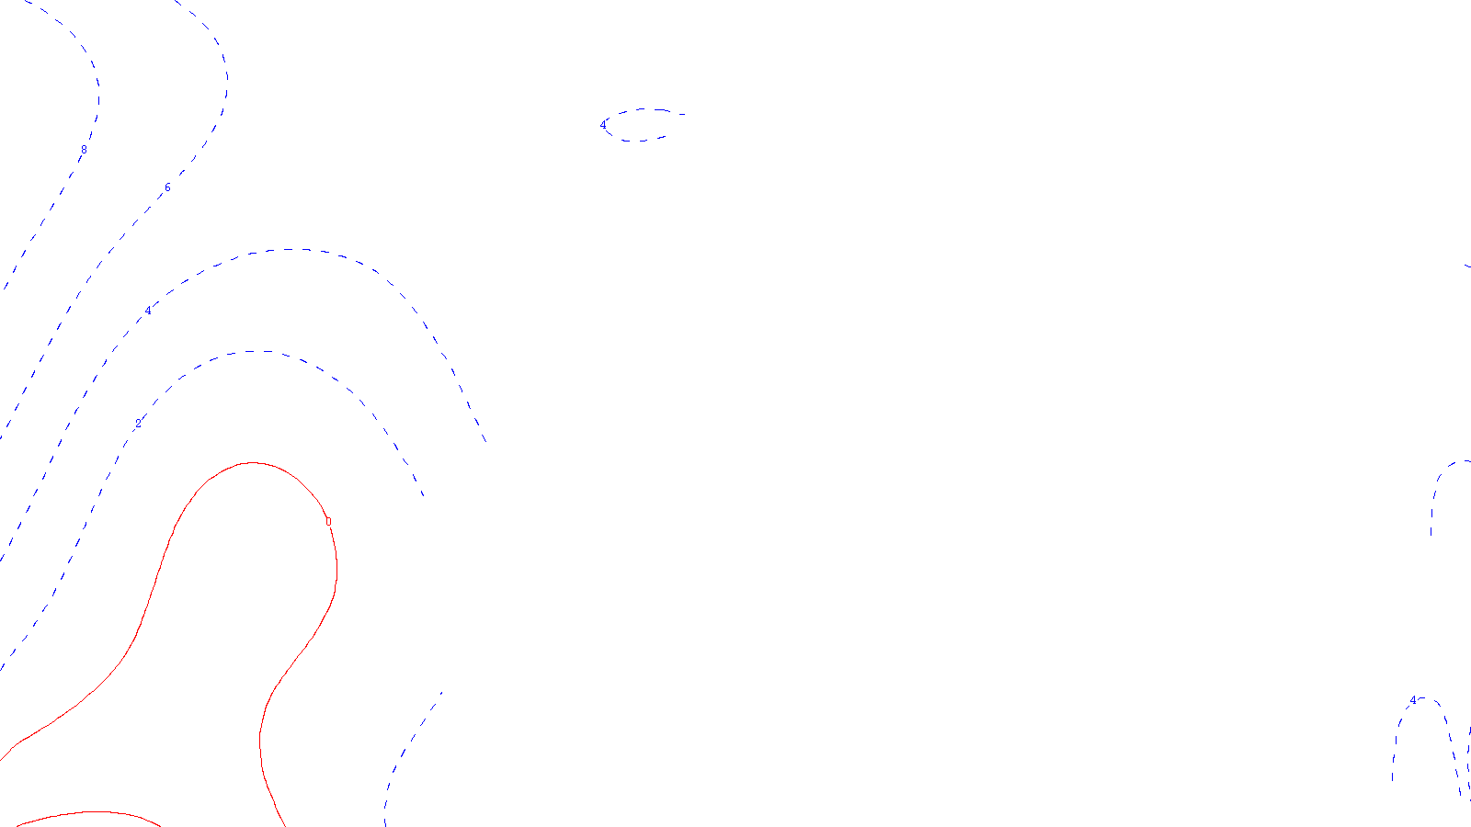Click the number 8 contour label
pyautogui.click(x=84, y=149)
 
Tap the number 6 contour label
pyautogui.click(x=167, y=188)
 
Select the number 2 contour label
pyautogui.click(x=139, y=424)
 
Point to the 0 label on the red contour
pyautogui.click(x=328, y=521)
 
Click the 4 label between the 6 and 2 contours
pyautogui.click(x=148, y=311)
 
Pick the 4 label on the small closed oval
pyautogui.click(x=604, y=125)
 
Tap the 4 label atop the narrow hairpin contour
pyautogui.click(x=1413, y=701)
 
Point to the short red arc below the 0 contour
pyautogui.click(x=92, y=813)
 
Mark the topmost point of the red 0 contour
pyautogui.click(x=252, y=463)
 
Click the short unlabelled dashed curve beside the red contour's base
pyautogui.click(x=405, y=753)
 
